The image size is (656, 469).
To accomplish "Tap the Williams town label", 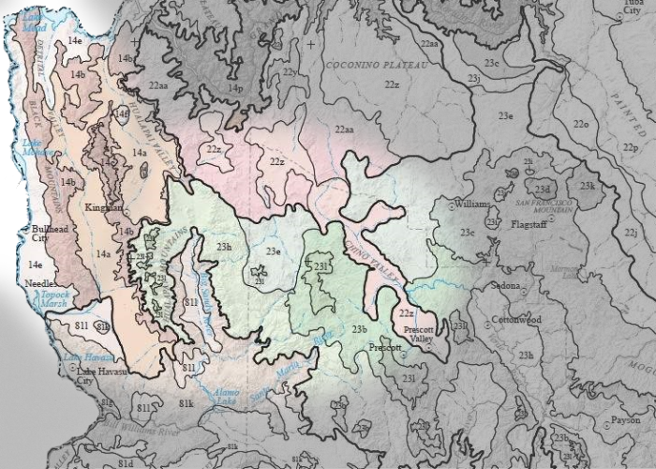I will [x=470, y=203].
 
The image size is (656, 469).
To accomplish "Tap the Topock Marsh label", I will [x=47, y=299].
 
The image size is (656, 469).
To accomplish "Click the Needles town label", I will [x=38, y=282].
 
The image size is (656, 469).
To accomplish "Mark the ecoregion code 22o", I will [x=581, y=124].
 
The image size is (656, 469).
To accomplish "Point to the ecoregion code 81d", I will [x=127, y=463].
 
